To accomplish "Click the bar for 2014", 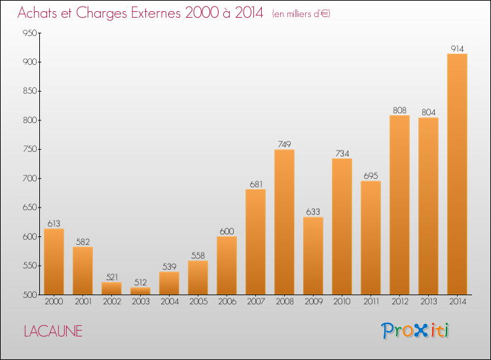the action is click(457, 174).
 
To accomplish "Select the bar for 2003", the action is click(140, 291).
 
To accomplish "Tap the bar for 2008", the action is click(284, 222).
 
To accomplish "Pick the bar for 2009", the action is click(313, 256).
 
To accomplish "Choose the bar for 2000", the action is click(54, 262).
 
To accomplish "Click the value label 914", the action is click(457, 49).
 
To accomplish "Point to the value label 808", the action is click(399, 110).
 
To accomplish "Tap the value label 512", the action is click(140, 282).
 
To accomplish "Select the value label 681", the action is click(256, 185).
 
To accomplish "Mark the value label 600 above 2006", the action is click(227, 231).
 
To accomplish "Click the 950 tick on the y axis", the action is click(29, 33).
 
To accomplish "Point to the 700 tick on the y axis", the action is click(29, 179).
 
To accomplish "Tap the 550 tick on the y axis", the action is click(29, 266).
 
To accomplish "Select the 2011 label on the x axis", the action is click(371, 302).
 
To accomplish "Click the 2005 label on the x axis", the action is click(198, 302).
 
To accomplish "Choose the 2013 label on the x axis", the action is click(428, 302).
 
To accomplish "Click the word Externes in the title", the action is click(156, 13).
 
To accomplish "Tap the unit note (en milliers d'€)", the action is click(301, 14).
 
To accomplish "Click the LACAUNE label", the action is click(53, 331).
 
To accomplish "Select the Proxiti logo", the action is click(415, 331).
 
